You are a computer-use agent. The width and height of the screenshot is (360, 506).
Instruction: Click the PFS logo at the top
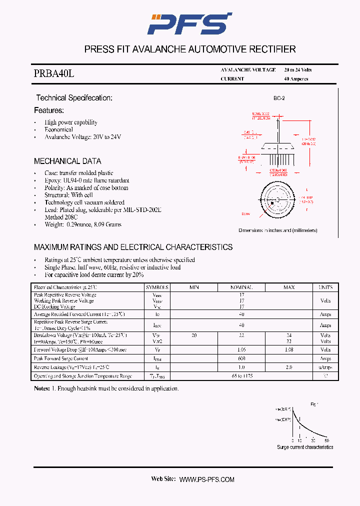189,23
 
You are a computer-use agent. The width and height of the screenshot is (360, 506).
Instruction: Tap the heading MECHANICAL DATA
67,161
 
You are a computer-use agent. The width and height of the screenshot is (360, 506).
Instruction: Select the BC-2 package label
279,98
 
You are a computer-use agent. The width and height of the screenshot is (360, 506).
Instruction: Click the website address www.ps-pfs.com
206,479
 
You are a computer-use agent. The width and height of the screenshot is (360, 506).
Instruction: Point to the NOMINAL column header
241,287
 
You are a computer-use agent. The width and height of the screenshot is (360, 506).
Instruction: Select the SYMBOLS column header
157,287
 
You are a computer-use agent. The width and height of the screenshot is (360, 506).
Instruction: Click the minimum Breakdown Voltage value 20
194,335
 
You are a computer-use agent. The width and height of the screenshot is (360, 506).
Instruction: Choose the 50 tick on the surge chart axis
327,440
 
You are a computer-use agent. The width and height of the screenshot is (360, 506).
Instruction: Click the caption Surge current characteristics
305,447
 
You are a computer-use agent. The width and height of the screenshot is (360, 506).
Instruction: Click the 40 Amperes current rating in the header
296,79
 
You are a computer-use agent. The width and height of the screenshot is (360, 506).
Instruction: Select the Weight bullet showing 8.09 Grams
83,224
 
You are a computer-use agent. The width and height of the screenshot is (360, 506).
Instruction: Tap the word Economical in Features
58,129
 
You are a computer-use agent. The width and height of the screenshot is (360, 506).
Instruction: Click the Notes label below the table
42,388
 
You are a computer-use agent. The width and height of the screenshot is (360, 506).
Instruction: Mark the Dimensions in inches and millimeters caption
278,230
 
